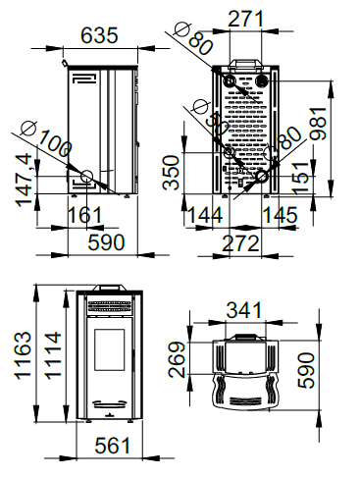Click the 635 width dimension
coord(99,35)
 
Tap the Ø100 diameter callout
coord(46,138)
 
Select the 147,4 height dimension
coord(25,181)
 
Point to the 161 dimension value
coord(84,215)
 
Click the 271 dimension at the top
coord(245,19)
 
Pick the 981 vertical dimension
coord(319,124)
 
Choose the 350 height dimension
coord(171,173)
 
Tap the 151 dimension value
coord(300,178)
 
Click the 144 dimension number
coord(205,215)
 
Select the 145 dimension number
coord(281,215)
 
